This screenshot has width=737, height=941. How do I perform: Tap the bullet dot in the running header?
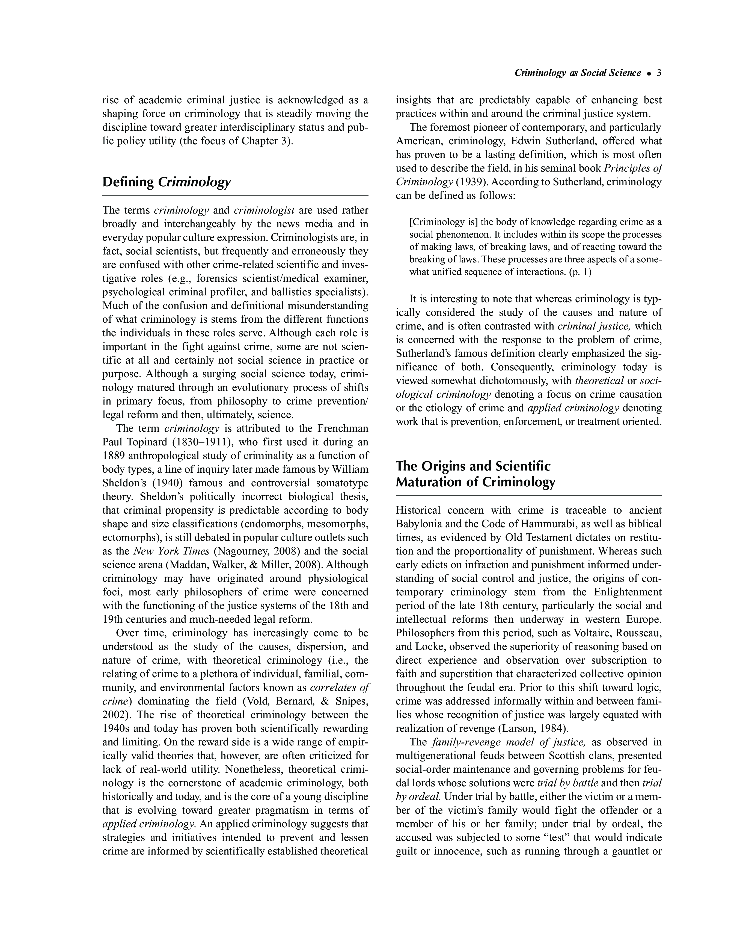tap(649, 74)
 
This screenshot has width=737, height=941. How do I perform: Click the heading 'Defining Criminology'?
tap(167, 182)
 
